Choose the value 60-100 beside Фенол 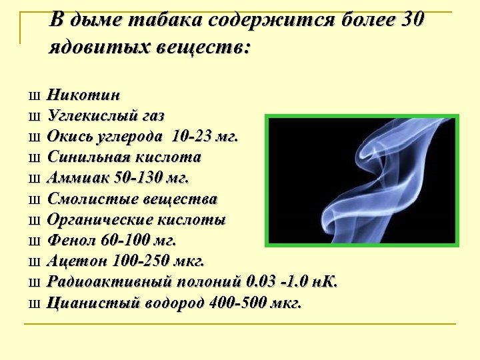125,241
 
